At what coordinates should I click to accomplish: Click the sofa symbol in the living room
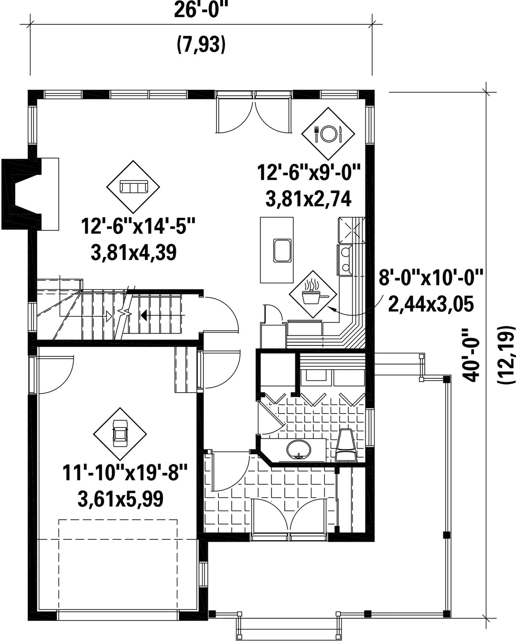[x=133, y=187]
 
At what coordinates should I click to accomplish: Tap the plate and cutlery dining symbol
[x=328, y=133]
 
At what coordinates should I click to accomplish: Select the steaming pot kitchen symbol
[x=313, y=294]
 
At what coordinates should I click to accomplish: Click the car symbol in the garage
[x=119, y=434]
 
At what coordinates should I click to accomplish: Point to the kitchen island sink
[x=282, y=250]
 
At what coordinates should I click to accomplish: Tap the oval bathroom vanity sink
[x=299, y=449]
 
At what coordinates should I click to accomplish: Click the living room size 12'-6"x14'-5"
[x=138, y=226]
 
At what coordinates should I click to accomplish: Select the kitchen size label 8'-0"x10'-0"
[x=430, y=278]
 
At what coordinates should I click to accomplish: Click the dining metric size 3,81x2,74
[x=308, y=199]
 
